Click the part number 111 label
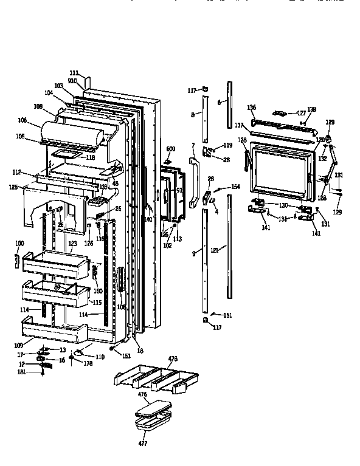[x=74, y=73]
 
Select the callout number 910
[x=72, y=80]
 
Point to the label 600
[x=170, y=149]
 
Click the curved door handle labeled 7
[x=193, y=182]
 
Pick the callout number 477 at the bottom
[x=142, y=444]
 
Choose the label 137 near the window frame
[x=239, y=126]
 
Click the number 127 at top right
[x=301, y=112]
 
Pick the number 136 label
[x=252, y=107]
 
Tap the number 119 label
[x=227, y=146]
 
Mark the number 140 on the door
[x=148, y=219]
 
